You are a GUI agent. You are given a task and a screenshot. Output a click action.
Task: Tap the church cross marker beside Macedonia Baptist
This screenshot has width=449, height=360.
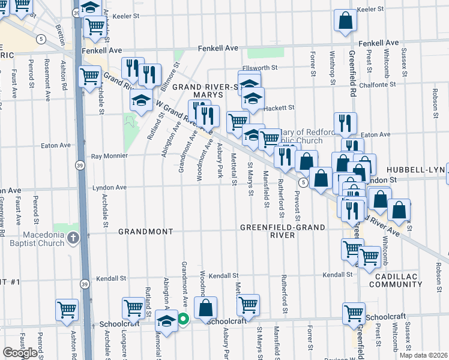click(x=73, y=238)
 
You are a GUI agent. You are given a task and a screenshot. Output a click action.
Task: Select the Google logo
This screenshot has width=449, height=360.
click(x=20, y=353)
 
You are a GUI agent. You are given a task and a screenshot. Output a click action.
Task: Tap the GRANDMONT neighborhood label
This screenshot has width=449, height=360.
click(x=145, y=231)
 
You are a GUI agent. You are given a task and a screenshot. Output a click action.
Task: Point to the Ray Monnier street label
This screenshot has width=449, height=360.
click(x=109, y=156)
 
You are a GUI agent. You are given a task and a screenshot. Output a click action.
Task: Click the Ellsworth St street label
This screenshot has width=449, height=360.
click(x=259, y=68)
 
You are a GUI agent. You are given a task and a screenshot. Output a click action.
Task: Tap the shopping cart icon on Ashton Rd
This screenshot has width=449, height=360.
click(x=67, y=310)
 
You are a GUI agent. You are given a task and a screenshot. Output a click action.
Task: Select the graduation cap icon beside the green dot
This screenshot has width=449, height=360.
click(x=166, y=320)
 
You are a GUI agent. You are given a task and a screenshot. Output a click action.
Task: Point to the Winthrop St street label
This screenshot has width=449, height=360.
click(x=331, y=64)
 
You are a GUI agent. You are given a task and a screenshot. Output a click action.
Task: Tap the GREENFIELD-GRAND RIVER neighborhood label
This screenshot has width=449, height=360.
click(x=282, y=231)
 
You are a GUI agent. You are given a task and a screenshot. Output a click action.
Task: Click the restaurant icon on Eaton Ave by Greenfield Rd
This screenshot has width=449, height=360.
click(x=345, y=124)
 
